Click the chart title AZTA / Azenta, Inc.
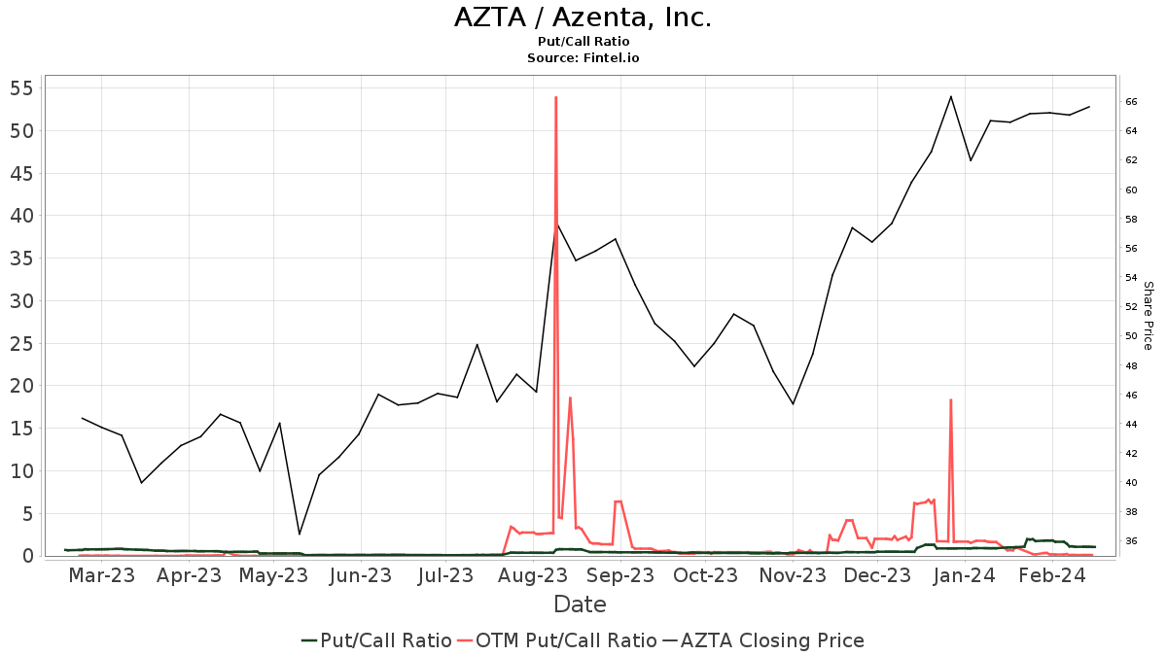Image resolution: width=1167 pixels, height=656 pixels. [583, 17]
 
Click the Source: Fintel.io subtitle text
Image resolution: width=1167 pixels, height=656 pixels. [583, 58]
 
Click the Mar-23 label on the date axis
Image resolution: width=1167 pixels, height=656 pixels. [102, 575]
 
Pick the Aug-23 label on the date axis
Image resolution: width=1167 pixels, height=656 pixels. [534, 575]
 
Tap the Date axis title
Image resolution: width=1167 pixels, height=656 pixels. [580, 604]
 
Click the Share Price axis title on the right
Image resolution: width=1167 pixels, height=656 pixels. [1148, 316]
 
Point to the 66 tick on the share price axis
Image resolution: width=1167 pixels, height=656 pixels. [1132, 102]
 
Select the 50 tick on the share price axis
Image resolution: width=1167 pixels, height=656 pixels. [1132, 336]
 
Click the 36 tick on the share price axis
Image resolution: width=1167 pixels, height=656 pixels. [1132, 541]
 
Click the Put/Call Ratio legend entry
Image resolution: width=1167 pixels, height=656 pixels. [376, 640]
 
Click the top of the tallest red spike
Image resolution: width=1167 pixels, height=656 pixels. [555, 97]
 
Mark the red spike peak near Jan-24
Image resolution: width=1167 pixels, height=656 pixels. [950, 399]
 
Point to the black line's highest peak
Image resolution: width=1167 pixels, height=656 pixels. [950, 96]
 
